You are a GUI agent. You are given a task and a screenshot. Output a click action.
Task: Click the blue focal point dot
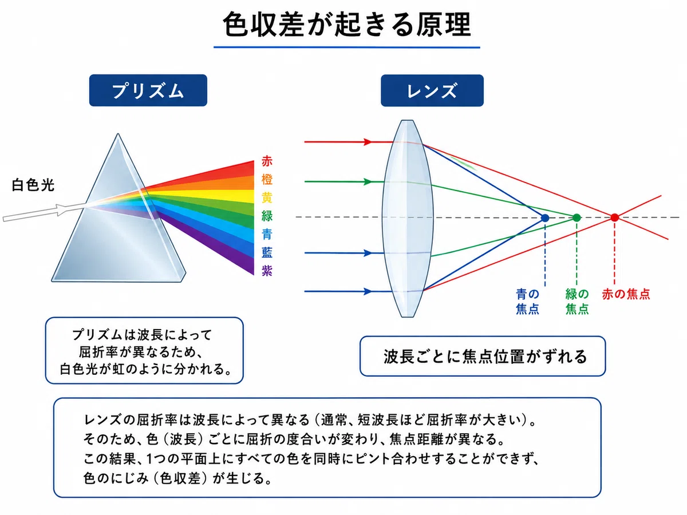click(x=545, y=218)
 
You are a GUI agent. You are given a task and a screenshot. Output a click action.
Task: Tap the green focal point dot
click(x=577, y=218)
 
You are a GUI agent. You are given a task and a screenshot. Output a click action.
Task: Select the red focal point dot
click(x=614, y=217)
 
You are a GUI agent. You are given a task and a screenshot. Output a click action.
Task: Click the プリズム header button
click(x=148, y=90)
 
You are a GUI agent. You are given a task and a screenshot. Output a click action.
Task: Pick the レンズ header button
click(x=432, y=90)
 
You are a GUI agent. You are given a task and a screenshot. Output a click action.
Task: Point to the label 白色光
click(x=33, y=185)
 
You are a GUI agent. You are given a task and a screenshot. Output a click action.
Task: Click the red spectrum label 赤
click(x=267, y=161)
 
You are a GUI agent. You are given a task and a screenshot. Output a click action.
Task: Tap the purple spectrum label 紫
click(x=267, y=271)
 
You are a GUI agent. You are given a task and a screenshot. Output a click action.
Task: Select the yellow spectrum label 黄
click(x=267, y=197)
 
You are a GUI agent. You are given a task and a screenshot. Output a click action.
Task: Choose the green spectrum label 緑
click(x=267, y=216)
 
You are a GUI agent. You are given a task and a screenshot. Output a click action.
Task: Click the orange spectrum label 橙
click(x=267, y=180)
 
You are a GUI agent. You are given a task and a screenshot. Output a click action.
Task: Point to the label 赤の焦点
click(x=626, y=294)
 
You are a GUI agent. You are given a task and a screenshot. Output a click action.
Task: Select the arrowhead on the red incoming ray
click(x=368, y=142)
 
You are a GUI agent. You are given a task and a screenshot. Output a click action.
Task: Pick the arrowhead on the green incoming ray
click(x=368, y=181)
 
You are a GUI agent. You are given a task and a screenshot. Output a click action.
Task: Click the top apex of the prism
click(x=118, y=134)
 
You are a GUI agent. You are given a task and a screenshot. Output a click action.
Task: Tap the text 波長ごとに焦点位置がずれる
click(x=485, y=356)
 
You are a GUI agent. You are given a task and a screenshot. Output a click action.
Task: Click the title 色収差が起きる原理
click(x=347, y=25)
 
